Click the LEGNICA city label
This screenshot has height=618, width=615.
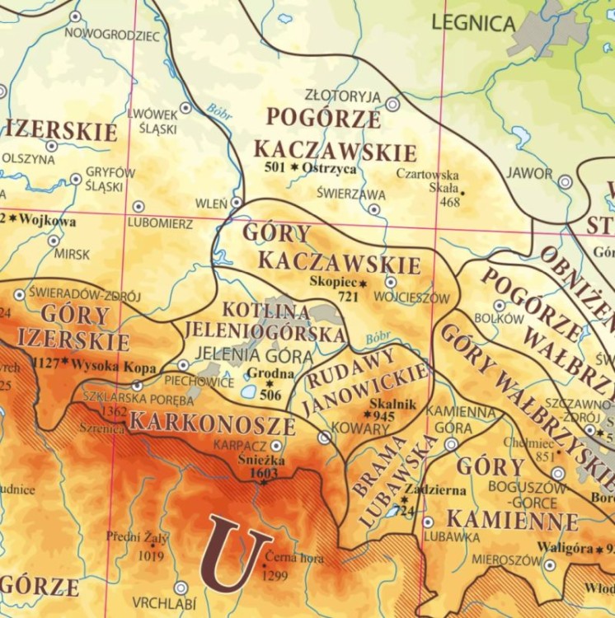click(473, 23)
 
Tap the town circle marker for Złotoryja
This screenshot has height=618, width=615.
click(393, 105)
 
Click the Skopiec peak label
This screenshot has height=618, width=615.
click(331, 280)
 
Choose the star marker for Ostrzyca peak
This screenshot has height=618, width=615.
click(294, 168)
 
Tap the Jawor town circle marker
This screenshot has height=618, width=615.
click(565, 181)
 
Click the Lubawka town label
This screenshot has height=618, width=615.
click(452, 536)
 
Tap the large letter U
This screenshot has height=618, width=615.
click(236, 553)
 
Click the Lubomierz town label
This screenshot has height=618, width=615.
click(160, 223)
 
